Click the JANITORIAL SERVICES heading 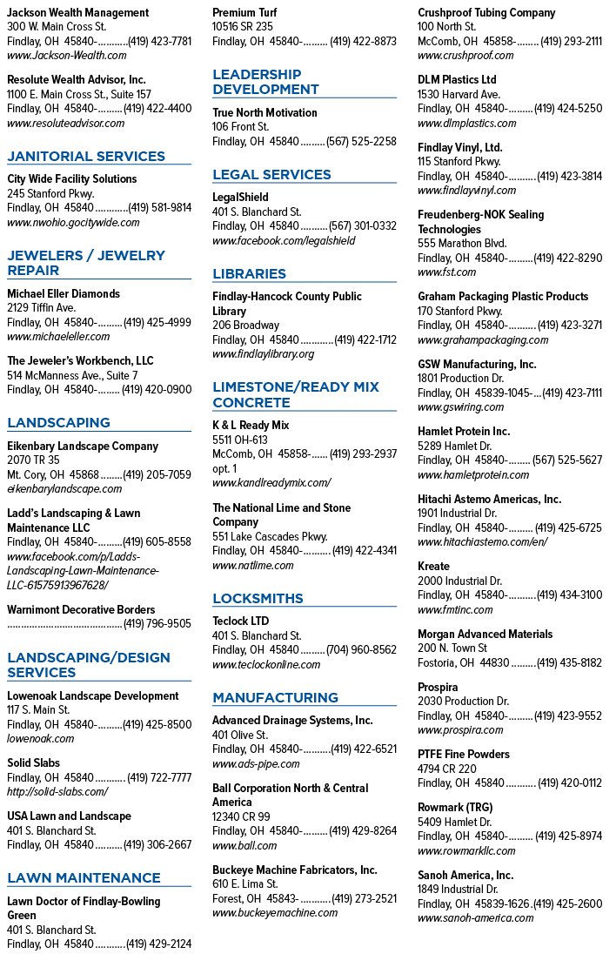(86, 157)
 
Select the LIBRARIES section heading (249, 274)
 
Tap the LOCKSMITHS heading (258, 599)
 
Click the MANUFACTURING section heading (275, 698)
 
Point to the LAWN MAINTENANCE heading (84, 878)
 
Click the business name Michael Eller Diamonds (64, 294)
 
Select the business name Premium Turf (244, 12)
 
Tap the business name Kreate (433, 567)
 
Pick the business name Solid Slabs (34, 762)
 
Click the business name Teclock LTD (240, 621)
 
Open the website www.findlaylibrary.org (264, 354)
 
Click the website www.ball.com (244, 845)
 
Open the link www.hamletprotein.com (473, 475)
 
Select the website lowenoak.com (40, 739)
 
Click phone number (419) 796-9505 (157, 624)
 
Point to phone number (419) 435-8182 (569, 662)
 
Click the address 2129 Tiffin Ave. (41, 308)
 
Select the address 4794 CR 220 (447, 769)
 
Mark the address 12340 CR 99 (241, 816)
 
